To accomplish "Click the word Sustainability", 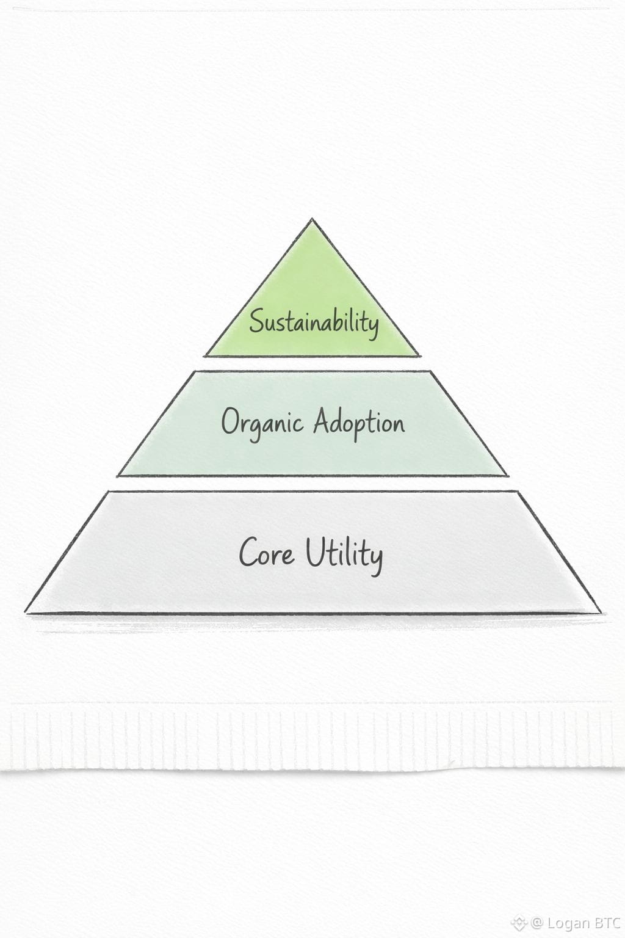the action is (x=313, y=321).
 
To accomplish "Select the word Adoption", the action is (x=358, y=423).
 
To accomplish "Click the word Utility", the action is (x=344, y=554).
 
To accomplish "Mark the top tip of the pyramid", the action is (x=312, y=219).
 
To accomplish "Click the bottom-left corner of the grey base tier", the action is (x=26, y=611).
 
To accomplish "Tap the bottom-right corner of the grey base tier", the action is (x=599, y=611).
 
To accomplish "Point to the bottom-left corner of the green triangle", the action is (x=205, y=355).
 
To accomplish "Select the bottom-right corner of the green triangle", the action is (x=419, y=355).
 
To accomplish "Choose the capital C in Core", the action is (x=248, y=552).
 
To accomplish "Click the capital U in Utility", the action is (x=315, y=552).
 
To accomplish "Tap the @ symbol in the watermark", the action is (x=536, y=922).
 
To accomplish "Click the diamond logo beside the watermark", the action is (x=519, y=922).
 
